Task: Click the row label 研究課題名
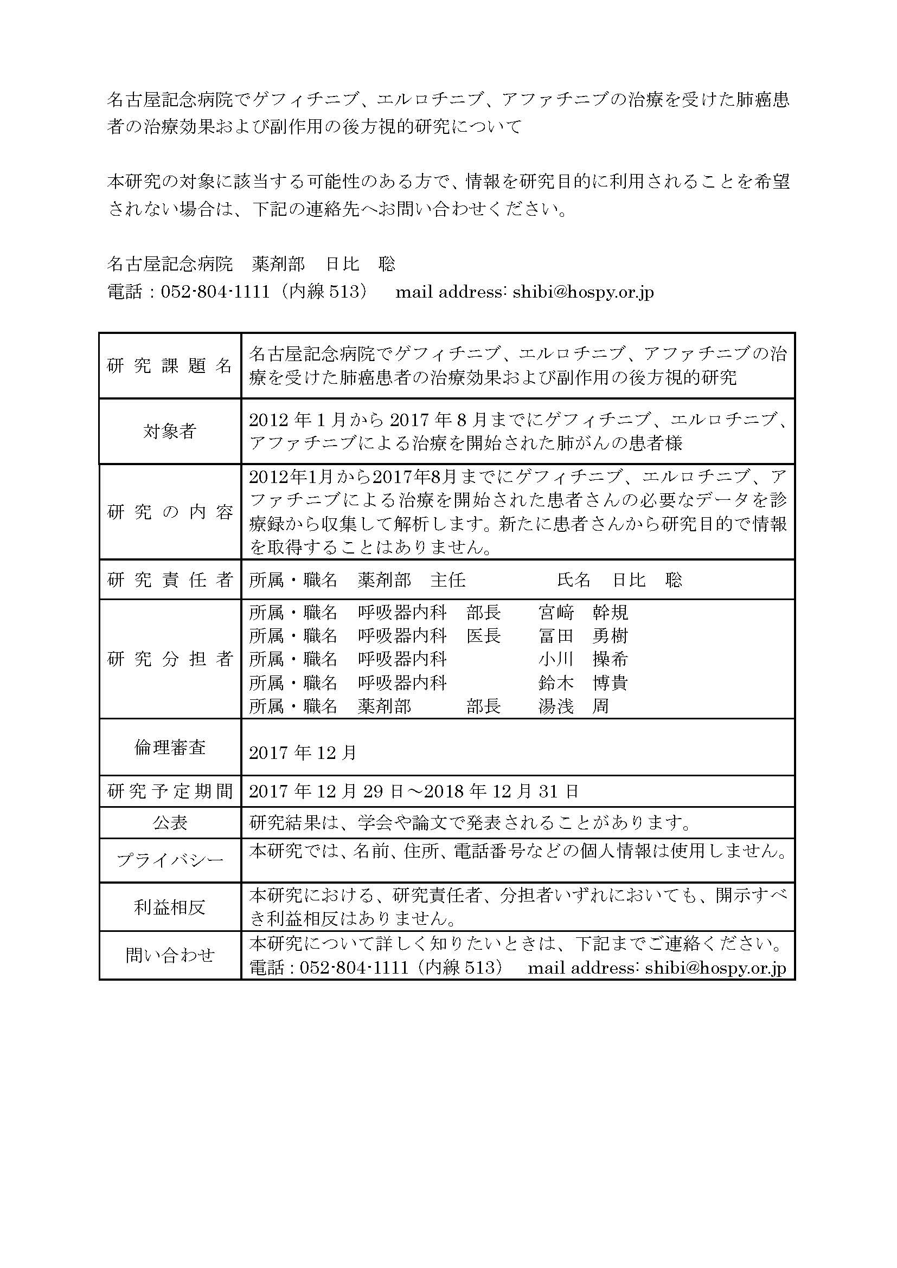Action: click(x=170, y=365)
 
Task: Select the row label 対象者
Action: click(x=170, y=432)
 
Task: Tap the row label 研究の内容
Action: click(x=170, y=512)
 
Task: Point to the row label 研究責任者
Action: click(x=170, y=580)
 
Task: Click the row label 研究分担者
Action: click(x=170, y=659)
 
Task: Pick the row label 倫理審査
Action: click(x=170, y=748)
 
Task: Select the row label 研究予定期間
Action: click(x=170, y=791)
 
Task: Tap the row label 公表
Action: click(x=170, y=823)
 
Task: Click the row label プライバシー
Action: click(x=170, y=860)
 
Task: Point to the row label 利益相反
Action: click(x=170, y=907)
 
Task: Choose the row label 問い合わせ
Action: click(x=170, y=955)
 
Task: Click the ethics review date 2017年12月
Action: click(x=303, y=753)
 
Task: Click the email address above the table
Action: click(x=582, y=292)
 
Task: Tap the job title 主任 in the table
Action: click(x=448, y=580)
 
